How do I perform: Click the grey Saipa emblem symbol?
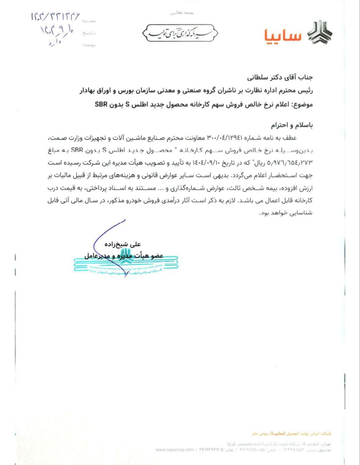pos(319,33)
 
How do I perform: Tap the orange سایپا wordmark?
pos(283,35)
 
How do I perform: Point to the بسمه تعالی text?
pos(183,13)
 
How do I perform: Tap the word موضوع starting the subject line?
pos(302,105)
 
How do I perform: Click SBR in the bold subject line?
pos(101,105)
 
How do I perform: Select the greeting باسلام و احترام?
pos(292,125)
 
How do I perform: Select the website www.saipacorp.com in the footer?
pos(175,450)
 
